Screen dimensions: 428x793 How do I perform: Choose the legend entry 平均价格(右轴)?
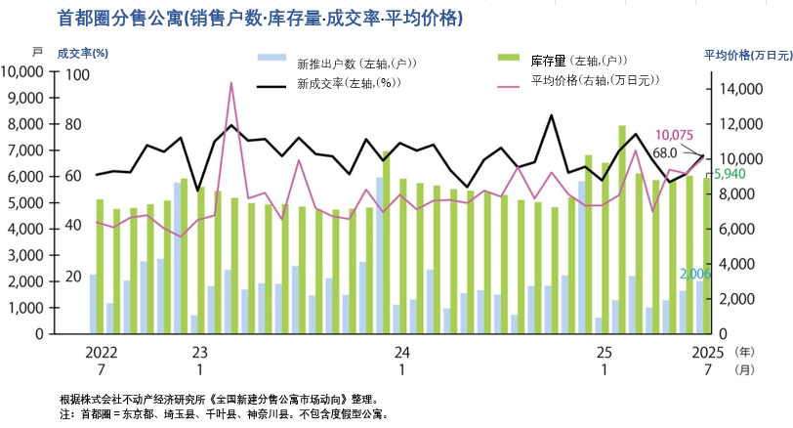pos(586,81)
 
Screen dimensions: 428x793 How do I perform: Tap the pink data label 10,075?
pos(674,135)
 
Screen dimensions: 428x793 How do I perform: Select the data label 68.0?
pos(665,152)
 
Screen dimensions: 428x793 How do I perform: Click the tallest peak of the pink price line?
pos(230,83)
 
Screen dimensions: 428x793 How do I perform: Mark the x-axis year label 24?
pos(401,351)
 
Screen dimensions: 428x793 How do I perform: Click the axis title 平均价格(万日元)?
pos(747,55)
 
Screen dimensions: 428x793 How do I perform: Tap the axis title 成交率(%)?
pos(82,53)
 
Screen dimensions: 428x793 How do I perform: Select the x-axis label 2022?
pos(102,351)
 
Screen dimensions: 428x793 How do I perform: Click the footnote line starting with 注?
pos(225,413)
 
